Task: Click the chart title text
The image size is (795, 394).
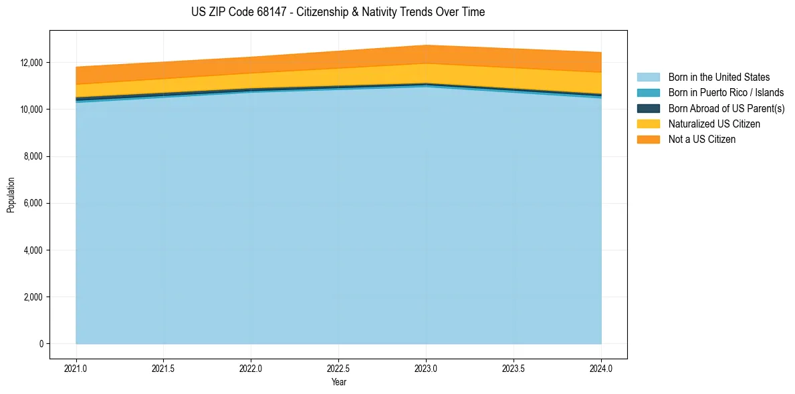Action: click(x=338, y=12)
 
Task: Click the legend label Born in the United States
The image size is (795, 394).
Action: click(x=719, y=77)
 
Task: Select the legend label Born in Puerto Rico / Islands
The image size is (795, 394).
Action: click(x=726, y=93)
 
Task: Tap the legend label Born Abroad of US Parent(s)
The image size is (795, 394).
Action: click(x=726, y=108)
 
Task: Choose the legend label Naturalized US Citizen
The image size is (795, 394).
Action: click(x=714, y=124)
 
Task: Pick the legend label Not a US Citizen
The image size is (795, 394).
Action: click(x=702, y=140)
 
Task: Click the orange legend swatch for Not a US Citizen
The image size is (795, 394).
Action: click(x=648, y=140)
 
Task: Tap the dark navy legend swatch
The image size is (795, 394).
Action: click(x=648, y=108)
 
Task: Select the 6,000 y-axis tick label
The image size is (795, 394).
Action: click(x=32, y=203)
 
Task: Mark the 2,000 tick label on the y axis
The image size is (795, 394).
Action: click(x=32, y=297)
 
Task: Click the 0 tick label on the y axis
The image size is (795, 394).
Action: click(x=40, y=344)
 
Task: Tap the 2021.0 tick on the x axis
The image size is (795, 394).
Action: click(x=76, y=368)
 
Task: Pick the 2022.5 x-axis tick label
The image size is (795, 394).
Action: click(x=338, y=368)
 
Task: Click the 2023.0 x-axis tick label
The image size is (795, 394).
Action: click(x=426, y=368)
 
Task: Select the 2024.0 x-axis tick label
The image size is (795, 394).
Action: click(x=601, y=368)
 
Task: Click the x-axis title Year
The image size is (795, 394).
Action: click(x=338, y=383)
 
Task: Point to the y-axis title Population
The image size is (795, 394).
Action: click(x=11, y=195)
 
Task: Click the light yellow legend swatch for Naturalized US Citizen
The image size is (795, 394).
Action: click(x=648, y=124)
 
